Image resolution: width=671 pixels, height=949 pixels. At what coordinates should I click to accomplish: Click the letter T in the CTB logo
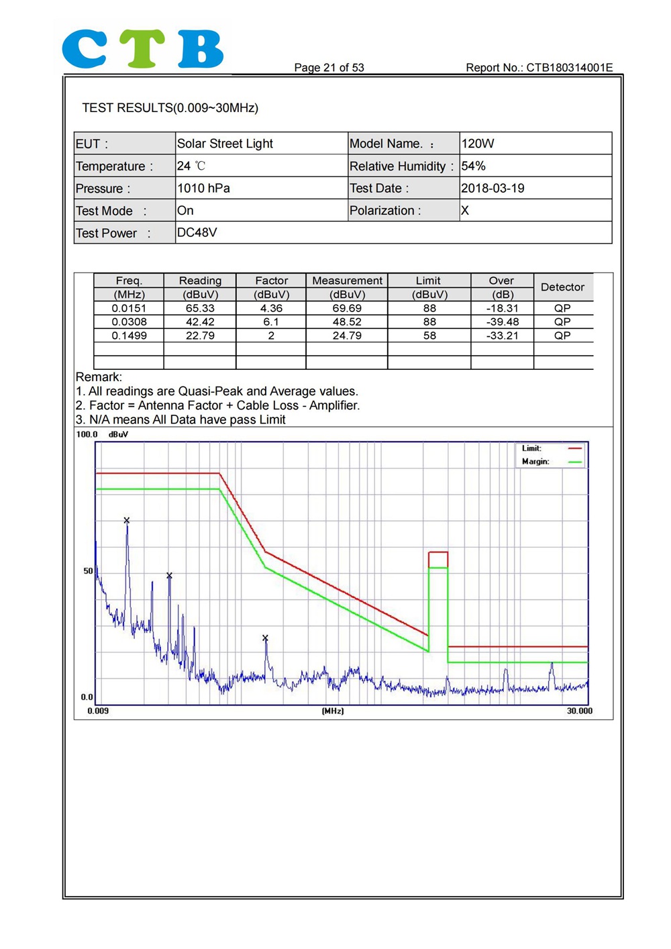tap(142, 48)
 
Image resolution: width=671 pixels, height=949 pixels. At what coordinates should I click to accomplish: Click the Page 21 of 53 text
tap(329, 68)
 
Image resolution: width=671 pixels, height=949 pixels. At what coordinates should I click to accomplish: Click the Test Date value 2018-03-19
tap(493, 188)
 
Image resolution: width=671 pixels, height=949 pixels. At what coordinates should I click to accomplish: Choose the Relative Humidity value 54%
tap(473, 166)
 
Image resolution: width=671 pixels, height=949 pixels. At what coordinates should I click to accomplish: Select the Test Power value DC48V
tap(197, 232)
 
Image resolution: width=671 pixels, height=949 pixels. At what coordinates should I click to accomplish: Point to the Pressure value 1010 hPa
tap(203, 188)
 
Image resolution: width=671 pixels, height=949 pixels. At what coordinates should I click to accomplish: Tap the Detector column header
tap(562, 287)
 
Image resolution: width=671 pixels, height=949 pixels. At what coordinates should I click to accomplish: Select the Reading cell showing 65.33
tap(200, 308)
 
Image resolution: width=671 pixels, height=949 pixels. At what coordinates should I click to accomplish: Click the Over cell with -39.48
tap(502, 321)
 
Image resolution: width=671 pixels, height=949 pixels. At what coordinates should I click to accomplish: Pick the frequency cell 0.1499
tap(129, 336)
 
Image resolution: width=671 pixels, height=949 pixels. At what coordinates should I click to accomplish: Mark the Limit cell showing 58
tap(429, 336)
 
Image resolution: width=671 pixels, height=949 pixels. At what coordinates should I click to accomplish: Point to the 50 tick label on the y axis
tap(88, 570)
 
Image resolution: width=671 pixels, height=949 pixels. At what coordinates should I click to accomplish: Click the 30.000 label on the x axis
tap(579, 711)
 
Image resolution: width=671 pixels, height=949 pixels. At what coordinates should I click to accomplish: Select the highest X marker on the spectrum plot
tap(127, 520)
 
